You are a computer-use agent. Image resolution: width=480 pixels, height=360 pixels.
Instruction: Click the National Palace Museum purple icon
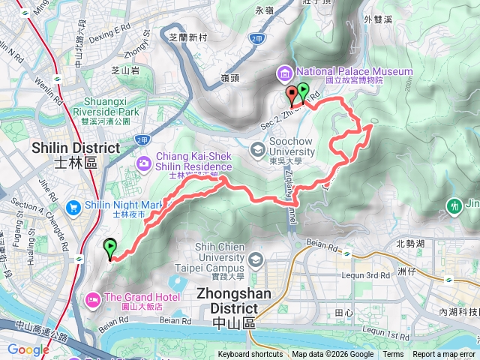point(285,73)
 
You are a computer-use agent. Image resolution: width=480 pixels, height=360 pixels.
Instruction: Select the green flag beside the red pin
point(302,92)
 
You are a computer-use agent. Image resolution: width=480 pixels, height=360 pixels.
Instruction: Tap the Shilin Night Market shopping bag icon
point(73,206)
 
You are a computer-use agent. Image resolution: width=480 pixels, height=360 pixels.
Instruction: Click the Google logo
point(28,349)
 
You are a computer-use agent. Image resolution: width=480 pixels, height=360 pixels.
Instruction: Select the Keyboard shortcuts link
point(250,355)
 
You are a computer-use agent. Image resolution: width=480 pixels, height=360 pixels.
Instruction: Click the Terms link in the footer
point(393,355)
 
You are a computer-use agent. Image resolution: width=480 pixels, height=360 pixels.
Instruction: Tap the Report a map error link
point(445,355)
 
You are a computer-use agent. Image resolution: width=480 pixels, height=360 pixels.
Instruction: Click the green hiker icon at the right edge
point(454,205)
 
